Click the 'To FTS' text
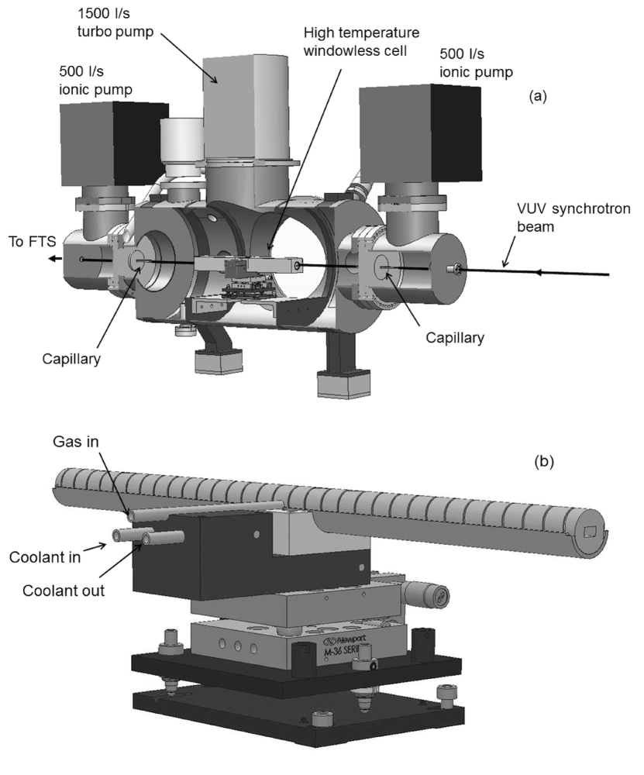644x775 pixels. [29, 239]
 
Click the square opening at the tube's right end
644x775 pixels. [593, 529]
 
